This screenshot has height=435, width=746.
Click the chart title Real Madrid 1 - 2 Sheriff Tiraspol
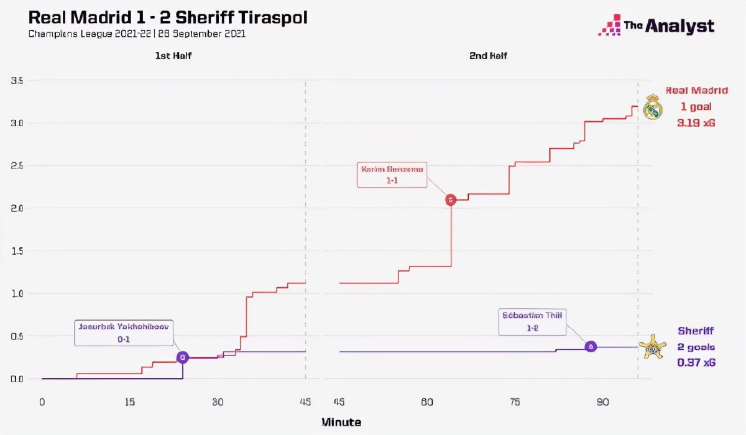point(168,17)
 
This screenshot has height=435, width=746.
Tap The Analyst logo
point(656,25)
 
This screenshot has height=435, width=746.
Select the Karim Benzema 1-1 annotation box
point(392,175)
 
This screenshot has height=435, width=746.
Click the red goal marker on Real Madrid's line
point(451,199)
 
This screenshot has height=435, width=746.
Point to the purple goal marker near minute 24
point(182,357)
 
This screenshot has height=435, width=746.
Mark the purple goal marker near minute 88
point(591,346)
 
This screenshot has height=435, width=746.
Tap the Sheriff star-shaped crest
point(652,347)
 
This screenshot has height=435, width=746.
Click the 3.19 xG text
point(696,123)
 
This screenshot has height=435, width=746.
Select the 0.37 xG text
point(696,362)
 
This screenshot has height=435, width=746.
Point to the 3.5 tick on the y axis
point(17,81)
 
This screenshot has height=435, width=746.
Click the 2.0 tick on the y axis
point(17,208)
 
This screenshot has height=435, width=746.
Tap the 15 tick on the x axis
point(129,402)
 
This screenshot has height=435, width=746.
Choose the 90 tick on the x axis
point(602,402)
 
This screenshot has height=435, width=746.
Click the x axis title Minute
point(341,423)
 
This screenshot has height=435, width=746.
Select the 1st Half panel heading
point(173,56)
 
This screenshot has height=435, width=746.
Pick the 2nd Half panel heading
point(488,56)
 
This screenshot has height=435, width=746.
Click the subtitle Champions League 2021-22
point(84,34)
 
